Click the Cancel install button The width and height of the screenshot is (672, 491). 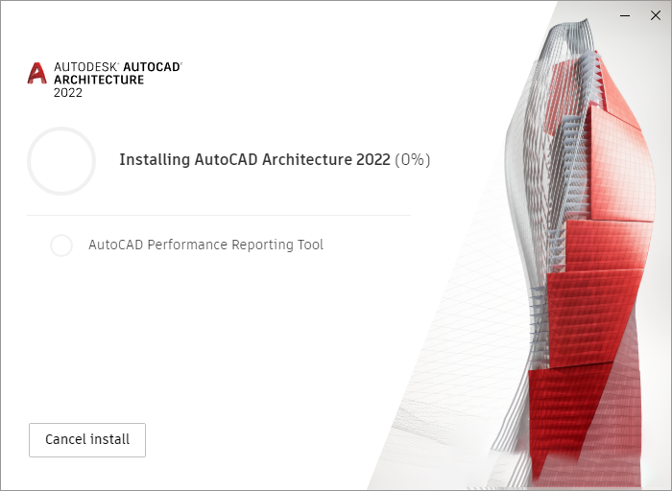coord(87,440)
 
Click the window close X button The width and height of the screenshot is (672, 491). coord(656,14)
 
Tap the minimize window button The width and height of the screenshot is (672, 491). coord(625,14)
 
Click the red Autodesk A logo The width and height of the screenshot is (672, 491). coord(37,74)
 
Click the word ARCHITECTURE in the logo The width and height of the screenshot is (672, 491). coord(99,80)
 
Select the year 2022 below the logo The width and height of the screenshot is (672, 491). coord(68,93)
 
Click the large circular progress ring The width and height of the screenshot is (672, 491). coord(61,161)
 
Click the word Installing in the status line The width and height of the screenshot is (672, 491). coord(154,160)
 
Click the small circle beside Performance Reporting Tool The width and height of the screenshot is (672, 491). coord(61,245)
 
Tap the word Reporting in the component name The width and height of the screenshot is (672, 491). coord(260,245)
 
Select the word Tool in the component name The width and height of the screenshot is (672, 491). coord(310,245)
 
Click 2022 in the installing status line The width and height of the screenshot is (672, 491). coord(373,160)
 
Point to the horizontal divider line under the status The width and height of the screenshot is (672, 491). coord(219,216)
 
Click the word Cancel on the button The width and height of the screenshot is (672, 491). coord(66,440)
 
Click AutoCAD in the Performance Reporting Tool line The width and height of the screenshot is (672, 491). coord(114,245)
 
